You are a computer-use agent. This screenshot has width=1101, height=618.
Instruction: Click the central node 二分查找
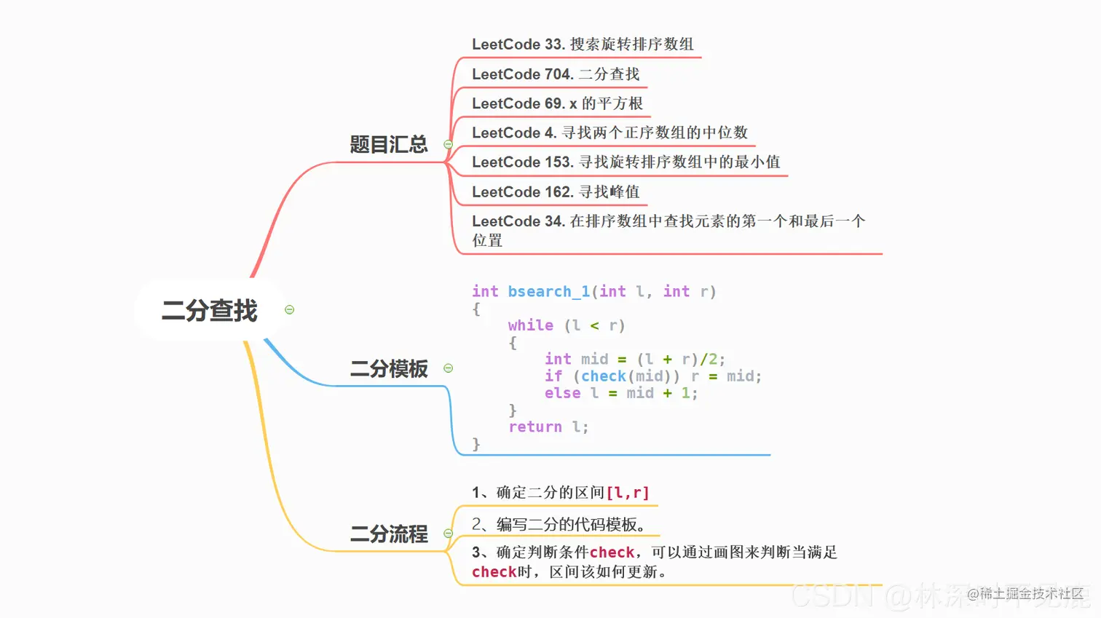[x=209, y=311]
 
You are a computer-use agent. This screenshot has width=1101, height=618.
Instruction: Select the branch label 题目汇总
[x=388, y=144]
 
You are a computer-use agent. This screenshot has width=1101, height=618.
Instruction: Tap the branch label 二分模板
[x=388, y=369]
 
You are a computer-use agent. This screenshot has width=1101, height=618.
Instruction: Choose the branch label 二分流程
[x=388, y=534]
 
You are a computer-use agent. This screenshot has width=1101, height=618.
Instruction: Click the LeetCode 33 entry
[x=583, y=44]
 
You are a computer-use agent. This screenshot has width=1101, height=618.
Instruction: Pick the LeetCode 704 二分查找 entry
[x=556, y=74]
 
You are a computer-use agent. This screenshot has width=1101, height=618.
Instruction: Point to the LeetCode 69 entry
[x=557, y=103]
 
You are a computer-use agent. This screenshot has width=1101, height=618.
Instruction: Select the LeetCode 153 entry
[x=626, y=162]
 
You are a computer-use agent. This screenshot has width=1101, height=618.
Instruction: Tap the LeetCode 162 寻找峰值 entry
[x=556, y=191]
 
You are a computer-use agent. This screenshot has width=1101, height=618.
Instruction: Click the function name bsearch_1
[x=548, y=292]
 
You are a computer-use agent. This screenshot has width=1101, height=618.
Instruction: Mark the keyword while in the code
[x=530, y=325]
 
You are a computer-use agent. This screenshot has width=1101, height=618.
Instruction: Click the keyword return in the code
[x=535, y=427]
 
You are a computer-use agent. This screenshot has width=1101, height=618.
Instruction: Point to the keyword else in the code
[x=562, y=393]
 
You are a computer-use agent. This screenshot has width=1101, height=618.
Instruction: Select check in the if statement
[x=604, y=376]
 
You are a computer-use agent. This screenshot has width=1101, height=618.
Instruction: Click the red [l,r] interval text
[x=628, y=493]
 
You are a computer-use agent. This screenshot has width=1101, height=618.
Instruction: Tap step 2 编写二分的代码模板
[x=558, y=524]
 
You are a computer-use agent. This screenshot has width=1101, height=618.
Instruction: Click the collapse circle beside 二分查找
[x=289, y=310]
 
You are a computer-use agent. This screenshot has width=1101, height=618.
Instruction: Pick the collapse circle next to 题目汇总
[x=449, y=144]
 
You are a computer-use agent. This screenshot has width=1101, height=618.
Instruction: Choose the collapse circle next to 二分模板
[x=449, y=368]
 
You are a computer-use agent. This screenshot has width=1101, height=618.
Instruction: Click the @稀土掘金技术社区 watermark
[x=1025, y=594]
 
